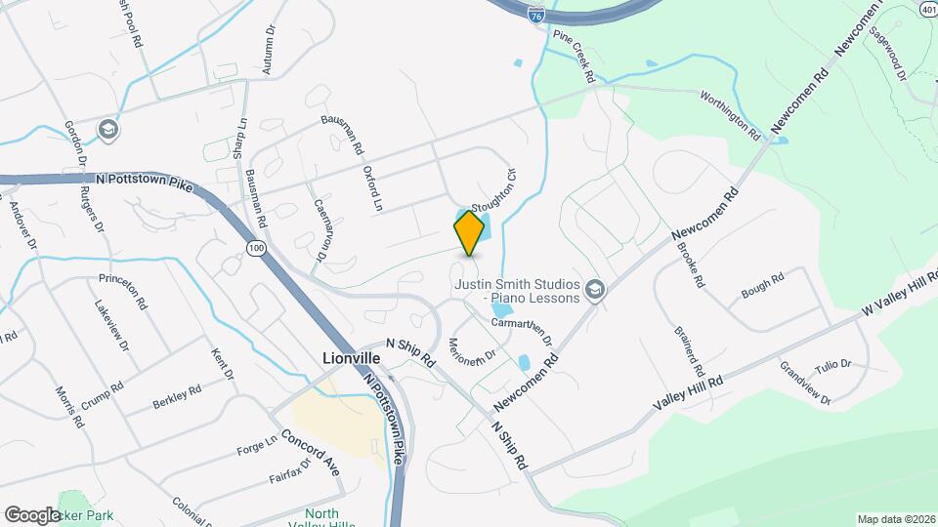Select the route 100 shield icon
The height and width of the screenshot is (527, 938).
(256, 249)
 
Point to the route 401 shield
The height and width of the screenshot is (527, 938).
(927, 8)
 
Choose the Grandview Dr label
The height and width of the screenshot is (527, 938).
(805, 384)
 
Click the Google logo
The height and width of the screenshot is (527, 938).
(32, 514)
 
